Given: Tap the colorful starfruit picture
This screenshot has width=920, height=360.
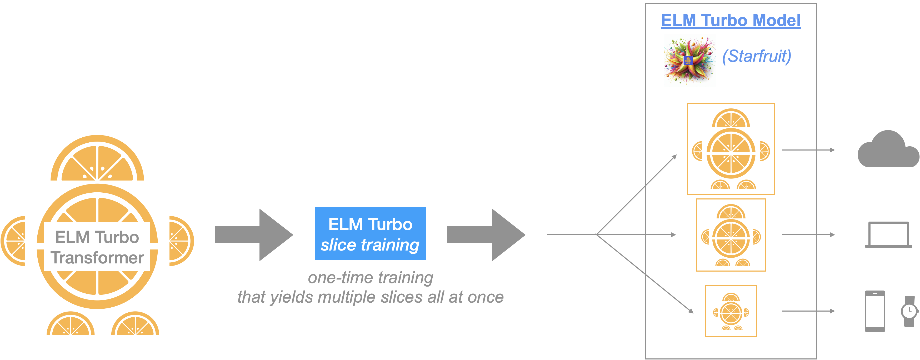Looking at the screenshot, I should [x=690, y=60].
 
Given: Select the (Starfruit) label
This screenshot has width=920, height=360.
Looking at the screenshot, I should [x=756, y=56].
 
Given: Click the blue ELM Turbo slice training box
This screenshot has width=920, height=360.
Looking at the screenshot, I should [x=370, y=234].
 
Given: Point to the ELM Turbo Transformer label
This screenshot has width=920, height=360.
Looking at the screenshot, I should [x=97, y=247].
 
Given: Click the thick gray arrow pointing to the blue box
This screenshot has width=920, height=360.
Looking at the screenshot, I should [x=254, y=235].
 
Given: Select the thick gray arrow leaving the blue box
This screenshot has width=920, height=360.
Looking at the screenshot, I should [x=486, y=235].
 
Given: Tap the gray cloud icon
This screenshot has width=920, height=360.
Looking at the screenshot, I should [x=888, y=150].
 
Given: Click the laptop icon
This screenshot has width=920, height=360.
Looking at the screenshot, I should [x=888, y=235].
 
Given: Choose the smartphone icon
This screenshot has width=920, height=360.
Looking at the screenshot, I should [x=875, y=311].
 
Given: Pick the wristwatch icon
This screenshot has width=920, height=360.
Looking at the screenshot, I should [x=909, y=311].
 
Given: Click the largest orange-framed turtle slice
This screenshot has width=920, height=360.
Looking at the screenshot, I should [x=731, y=149].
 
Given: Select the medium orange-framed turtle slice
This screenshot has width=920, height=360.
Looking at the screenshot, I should [x=731, y=235].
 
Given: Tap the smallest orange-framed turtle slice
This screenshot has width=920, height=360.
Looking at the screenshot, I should [x=731, y=311].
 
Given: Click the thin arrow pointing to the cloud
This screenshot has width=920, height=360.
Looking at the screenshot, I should [x=808, y=150].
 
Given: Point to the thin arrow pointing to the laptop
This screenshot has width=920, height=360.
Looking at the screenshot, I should [x=808, y=235].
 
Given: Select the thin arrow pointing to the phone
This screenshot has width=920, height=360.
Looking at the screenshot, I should [x=808, y=311].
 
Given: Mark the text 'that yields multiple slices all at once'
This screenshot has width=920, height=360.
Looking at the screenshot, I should [x=370, y=297].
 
